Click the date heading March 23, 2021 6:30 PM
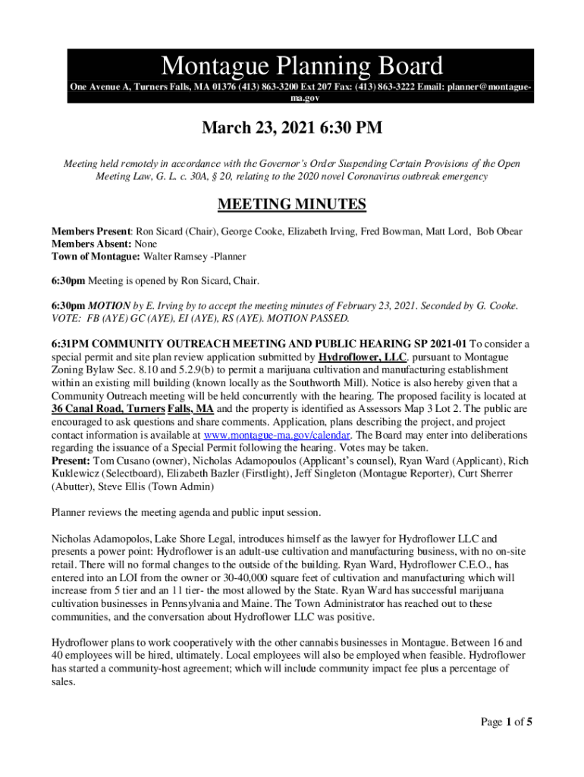[291, 128]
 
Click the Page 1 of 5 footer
[507, 722]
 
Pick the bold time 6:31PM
[69, 344]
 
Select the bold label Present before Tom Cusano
[71, 461]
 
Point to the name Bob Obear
[499, 231]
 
